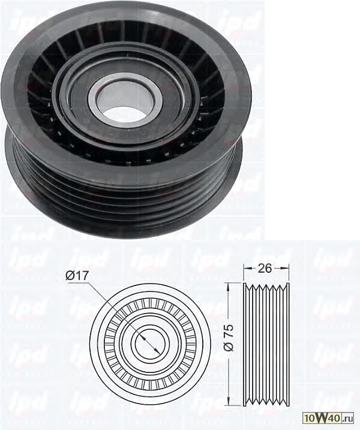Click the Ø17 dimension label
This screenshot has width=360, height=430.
click(77, 275)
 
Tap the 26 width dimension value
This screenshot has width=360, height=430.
click(265, 268)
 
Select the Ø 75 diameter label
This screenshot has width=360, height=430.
click(228, 338)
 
